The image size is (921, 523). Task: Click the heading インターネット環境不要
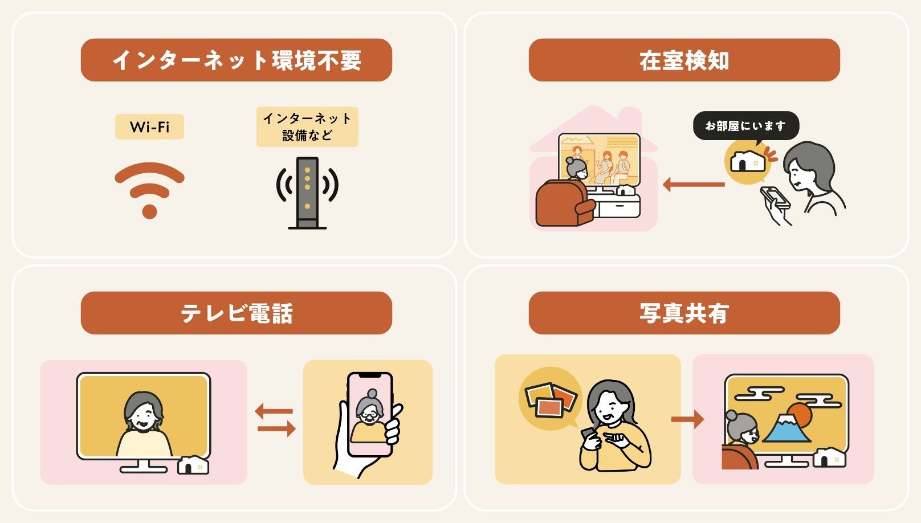237,60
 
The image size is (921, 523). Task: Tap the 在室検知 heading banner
684,60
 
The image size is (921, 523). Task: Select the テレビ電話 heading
237,313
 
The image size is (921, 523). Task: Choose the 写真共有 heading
684,313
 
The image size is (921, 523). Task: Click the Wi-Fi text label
149,126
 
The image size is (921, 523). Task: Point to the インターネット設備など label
307,126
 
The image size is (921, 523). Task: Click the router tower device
307,193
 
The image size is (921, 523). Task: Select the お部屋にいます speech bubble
745,126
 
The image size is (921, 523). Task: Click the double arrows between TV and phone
275,419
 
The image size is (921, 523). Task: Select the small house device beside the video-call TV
194,465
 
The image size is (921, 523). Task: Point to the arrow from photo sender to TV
687,419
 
